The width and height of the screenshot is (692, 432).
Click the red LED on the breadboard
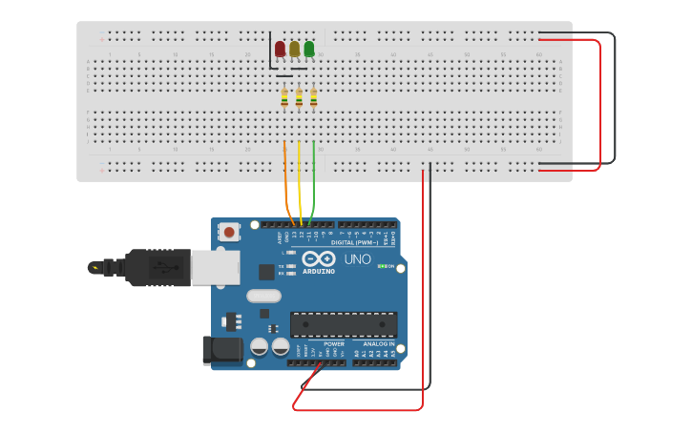[280, 49]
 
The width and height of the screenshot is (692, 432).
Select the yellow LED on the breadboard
[294, 49]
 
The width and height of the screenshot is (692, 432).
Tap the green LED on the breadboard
[308, 49]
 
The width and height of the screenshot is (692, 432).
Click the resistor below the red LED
[284, 97]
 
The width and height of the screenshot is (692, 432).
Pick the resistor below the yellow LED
[299, 97]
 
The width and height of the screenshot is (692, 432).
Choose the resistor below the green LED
[313, 97]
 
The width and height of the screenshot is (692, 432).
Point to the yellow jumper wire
[300, 181]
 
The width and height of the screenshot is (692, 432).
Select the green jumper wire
[315, 181]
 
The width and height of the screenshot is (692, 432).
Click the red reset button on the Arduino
[229, 232]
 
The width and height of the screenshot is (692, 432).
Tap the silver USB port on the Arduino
[215, 268]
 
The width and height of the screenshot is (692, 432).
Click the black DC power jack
[221, 350]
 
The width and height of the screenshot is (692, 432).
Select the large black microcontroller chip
[344, 324]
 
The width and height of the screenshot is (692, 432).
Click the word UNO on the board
[357, 259]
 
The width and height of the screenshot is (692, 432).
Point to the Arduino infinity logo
[319, 258]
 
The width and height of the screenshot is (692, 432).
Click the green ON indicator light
[382, 266]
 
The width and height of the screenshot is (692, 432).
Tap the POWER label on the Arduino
[333, 343]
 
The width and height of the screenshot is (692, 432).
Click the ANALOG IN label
[378, 343]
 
